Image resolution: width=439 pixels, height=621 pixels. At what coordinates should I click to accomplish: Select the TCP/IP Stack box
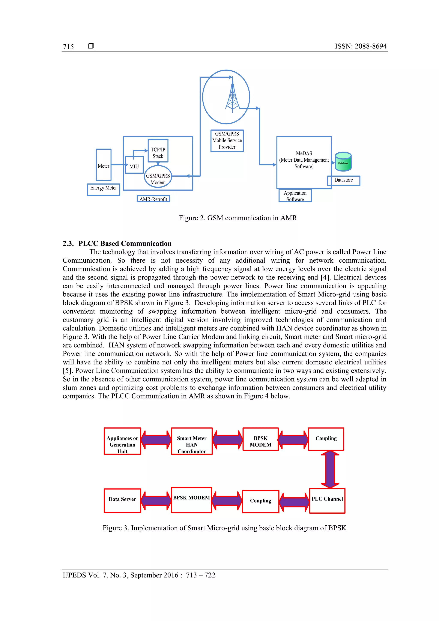click(x=158, y=151)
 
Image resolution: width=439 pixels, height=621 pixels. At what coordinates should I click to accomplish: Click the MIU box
click(x=134, y=164)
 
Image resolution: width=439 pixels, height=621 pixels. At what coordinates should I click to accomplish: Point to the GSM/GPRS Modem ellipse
click(x=158, y=177)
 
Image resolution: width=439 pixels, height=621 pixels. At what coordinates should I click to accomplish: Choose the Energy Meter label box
click(x=104, y=189)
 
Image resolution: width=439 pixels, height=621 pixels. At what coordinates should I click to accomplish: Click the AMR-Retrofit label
click(x=153, y=199)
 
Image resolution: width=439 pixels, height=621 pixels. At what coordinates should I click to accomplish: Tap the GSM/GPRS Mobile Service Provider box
click(x=227, y=141)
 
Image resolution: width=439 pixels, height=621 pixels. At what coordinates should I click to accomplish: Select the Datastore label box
click(x=344, y=180)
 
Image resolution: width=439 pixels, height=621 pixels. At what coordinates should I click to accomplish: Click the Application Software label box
click(x=295, y=195)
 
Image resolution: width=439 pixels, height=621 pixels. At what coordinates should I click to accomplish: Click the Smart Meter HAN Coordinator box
click(x=192, y=441)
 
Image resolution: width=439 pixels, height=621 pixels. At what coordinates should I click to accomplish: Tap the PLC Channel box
click(x=327, y=501)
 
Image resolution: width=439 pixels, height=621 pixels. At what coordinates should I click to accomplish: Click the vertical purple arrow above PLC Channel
click(x=330, y=469)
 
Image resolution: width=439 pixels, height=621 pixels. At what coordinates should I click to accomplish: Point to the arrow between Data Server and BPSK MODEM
click(x=156, y=501)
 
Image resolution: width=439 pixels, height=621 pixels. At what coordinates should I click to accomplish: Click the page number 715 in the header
click(x=68, y=47)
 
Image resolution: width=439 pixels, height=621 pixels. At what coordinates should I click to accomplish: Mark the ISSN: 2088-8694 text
click(x=361, y=46)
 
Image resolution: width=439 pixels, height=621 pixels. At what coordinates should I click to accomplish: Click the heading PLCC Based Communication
click(x=125, y=244)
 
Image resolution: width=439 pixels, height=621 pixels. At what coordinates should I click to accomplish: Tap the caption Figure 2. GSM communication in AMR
click(x=238, y=218)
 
